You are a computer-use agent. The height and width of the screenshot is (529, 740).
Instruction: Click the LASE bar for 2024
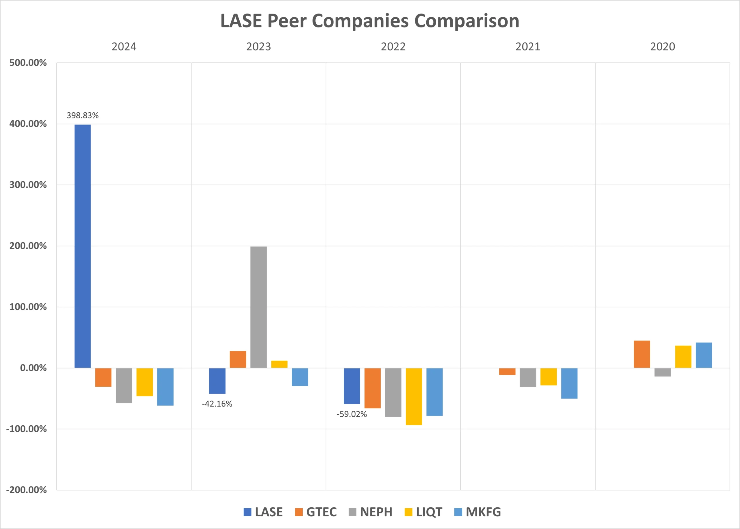pyautogui.click(x=82, y=246)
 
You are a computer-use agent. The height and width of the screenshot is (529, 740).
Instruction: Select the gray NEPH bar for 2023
pyautogui.click(x=258, y=307)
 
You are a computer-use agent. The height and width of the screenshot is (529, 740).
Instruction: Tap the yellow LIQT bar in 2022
pyautogui.click(x=414, y=396)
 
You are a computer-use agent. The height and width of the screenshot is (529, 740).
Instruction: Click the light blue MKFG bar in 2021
pyautogui.click(x=569, y=383)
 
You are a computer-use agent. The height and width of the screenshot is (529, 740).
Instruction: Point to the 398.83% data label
pyautogui.click(x=82, y=115)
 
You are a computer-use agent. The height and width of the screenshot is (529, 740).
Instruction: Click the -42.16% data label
pyautogui.click(x=217, y=404)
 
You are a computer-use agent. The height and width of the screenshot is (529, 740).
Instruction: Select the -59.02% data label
pyautogui.click(x=352, y=414)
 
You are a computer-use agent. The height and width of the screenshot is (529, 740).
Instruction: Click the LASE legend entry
pyautogui.click(x=263, y=512)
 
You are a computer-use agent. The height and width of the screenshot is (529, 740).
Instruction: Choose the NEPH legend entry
pyautogui.click(x=370, y=512)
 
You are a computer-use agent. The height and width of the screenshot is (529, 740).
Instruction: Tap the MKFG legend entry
pyautogui.click(x=478, y=512)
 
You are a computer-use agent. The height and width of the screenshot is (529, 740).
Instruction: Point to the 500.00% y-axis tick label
pyautogui.click(x=28, y=63)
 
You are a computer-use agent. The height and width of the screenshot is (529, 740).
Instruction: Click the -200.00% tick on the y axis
pyautogui.click(x=26, y=490)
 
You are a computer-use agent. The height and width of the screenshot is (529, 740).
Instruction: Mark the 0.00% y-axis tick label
pyautogui.click(x=33, y=368)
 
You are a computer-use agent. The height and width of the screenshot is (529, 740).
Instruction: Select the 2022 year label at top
pyautogui.click(x=393, y=46)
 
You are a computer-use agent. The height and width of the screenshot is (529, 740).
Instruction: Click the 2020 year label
pyautogui.click(x=663, y=46)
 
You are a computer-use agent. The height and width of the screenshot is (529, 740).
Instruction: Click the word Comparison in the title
pyautogui.click(x=467, y=21)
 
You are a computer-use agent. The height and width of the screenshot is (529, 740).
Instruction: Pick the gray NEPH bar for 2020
pyautogui.click(x=663, y=372)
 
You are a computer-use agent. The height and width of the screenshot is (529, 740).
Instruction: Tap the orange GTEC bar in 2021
pyautogui.click(x=507, y=371)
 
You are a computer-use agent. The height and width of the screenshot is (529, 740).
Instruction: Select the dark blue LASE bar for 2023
pyautogui.click(x=217, y=381)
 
